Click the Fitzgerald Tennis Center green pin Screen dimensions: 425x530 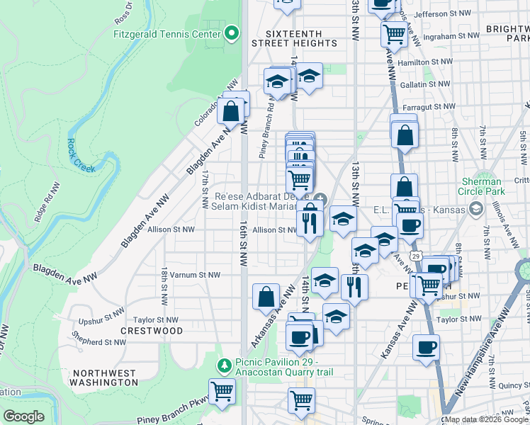pyautogui.click(x=232, y=33)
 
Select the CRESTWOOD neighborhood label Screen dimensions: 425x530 pyautogui.click(x=152, y=331)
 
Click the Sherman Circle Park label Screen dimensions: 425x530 pyautogui.click(x=503, y=186)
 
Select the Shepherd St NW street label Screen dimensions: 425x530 pyautogui.click(x=103, y=340)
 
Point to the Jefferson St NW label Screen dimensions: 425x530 pyautogui.click(x=443, y=13)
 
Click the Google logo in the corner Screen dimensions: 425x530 pyautogui.click(x=24, y=416)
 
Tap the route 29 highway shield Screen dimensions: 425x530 pyautogui.click(x=416, y=256)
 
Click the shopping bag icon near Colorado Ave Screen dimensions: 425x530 pyautogui.click(x=231, y=111)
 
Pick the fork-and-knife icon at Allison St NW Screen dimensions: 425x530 pyautogui.click(x=310, y=222)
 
